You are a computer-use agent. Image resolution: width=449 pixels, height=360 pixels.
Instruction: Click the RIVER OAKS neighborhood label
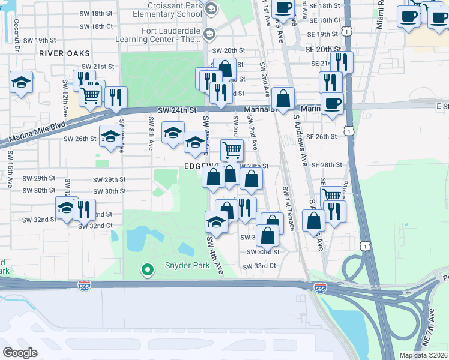(x=59, y=53)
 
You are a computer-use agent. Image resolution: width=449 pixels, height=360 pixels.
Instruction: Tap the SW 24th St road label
(x=178, y=110)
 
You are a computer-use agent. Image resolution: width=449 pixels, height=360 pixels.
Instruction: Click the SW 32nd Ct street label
(x=95, y=226)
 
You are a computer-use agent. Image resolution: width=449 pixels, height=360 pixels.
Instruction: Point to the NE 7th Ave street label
(x=432, y=325)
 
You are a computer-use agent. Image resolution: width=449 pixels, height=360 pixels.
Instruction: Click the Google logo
(x=20, y=352)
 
